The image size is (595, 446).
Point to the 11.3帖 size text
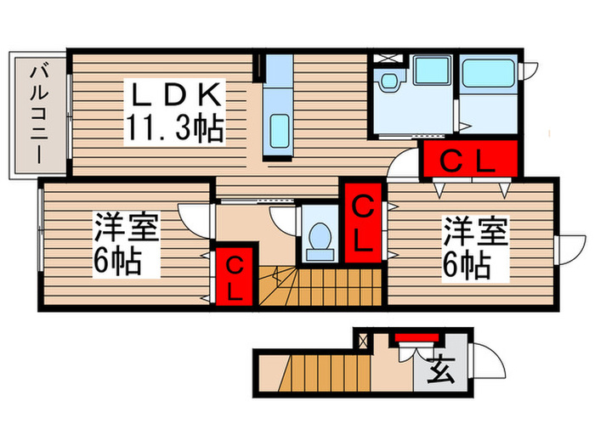tap(175, 128)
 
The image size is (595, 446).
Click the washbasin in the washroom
tap(390, 82)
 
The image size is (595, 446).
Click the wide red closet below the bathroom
tap(469, 160)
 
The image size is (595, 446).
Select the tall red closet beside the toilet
tap(362, 223)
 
